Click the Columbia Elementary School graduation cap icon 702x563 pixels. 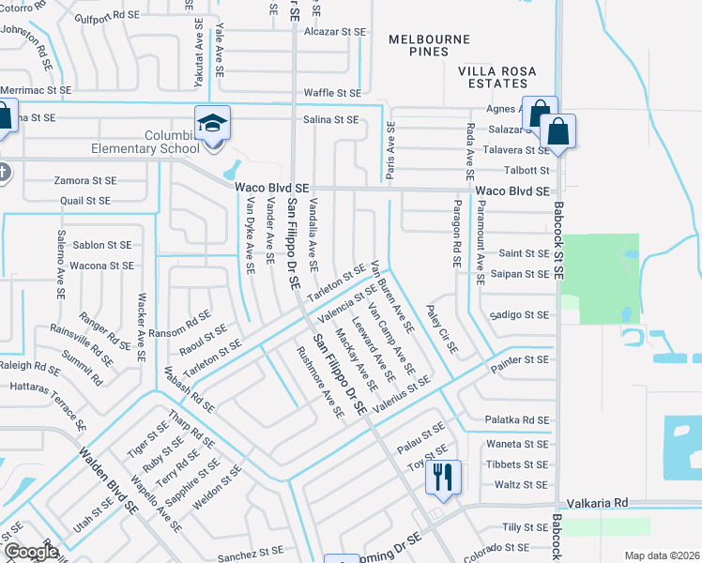pos(212,123)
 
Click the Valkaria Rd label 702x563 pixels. pos(601,504)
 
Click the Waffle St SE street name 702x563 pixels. pos(332,93)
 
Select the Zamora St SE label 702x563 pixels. pos(85,180)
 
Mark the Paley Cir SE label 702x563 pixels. pos(441,329)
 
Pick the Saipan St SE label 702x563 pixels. pos(519,274)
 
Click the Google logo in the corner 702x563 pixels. pos(30,552)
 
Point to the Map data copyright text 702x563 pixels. pos(661,555)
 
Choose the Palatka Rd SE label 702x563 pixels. pos(517,420)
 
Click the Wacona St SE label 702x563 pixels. pos(101,266)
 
